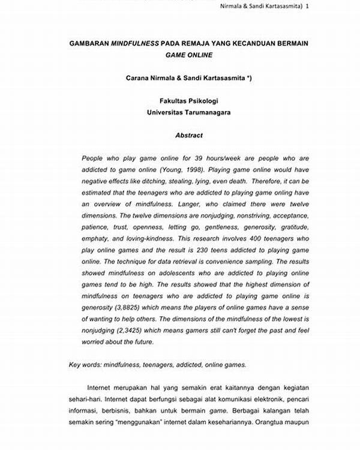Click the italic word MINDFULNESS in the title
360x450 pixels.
click(x=137, y=44)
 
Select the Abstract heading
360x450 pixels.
click(x=189, y=136)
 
